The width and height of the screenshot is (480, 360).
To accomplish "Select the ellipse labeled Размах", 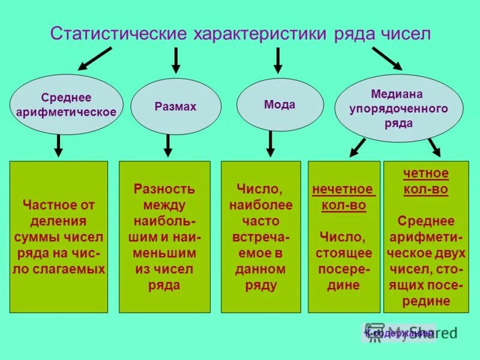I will click(x=176, y=107).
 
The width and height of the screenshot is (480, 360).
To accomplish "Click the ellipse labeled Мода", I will click(x=280, y=104).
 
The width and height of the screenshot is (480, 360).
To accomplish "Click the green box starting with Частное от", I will click(x=59, y=237).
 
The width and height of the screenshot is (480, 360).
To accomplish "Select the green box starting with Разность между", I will click(x=164, y=237).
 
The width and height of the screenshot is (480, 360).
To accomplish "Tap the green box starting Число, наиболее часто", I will click(x=261, y=237).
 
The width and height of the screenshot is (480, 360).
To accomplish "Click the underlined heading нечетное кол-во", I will click(x=344, y=197).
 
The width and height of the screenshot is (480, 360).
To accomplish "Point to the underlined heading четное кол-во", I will click(x=425, y=181).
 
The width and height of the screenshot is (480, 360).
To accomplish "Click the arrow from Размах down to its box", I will click(x=168, y=145).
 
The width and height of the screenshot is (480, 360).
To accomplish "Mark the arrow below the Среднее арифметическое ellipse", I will click(x=59, y=145).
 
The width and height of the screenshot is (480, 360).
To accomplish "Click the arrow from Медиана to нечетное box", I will click(x=358, y=146).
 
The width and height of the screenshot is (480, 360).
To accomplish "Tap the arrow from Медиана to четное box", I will click(x=434, y=147).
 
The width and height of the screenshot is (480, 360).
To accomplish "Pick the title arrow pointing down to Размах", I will click(x=176, y=60).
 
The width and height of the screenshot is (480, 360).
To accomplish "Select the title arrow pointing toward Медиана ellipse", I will click(x=386, y=58).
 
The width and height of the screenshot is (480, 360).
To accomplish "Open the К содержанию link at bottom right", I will click(x=400, y=333).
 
